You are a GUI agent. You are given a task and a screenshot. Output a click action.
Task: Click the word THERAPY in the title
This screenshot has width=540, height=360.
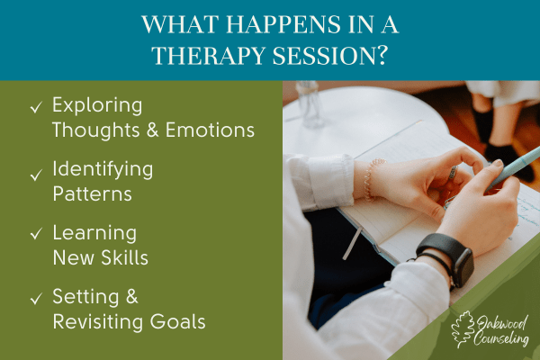click(209, 56)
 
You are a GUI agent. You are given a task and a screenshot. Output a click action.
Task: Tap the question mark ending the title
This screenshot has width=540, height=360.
click(381, 55)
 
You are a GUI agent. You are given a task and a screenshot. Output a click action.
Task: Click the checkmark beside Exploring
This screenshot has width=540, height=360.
click(36, 107)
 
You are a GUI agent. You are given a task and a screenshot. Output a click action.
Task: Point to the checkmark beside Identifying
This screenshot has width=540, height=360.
click(36, 175)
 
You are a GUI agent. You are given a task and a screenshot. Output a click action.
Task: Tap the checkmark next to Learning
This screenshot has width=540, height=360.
click(36, 234)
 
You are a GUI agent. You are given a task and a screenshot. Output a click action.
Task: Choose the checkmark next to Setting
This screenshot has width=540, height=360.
click(36, 298)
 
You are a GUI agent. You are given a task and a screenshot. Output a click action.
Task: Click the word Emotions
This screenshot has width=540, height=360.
click(210, 130)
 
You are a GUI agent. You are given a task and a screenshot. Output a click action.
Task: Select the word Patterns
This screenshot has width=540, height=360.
click(93, 193)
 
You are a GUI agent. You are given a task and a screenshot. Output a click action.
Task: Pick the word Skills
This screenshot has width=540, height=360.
click(125, 257)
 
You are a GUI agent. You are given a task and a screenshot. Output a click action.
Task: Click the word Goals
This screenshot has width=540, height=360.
click(177, 321)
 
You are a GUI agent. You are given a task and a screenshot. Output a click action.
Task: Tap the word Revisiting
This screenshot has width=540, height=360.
click(98, 322)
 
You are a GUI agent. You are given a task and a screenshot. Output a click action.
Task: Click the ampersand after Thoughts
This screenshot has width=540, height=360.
click(153, 130)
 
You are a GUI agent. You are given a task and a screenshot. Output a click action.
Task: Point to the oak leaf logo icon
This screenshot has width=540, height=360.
click(463, 329)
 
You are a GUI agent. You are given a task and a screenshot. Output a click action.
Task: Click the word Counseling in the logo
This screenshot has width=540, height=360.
click(501, 338)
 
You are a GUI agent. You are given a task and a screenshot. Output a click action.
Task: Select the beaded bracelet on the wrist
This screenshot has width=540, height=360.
click(371, 179)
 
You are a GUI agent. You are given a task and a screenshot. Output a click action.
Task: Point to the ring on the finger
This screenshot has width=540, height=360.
click(454, 172)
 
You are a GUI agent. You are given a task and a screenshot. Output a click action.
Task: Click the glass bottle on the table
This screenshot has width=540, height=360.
click(309, 103)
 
